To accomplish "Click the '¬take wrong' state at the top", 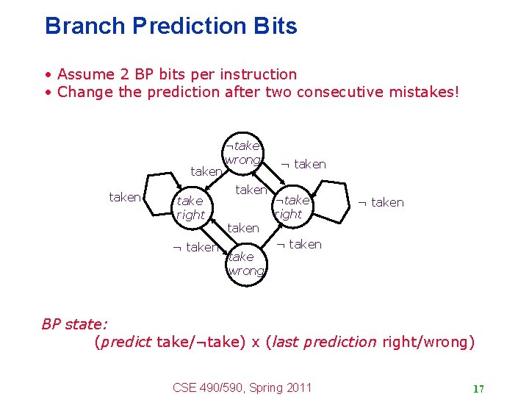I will point(242,153).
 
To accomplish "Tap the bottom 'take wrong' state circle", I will point(244,263).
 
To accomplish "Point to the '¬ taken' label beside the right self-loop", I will point(380,202).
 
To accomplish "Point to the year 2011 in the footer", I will point(298,387).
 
